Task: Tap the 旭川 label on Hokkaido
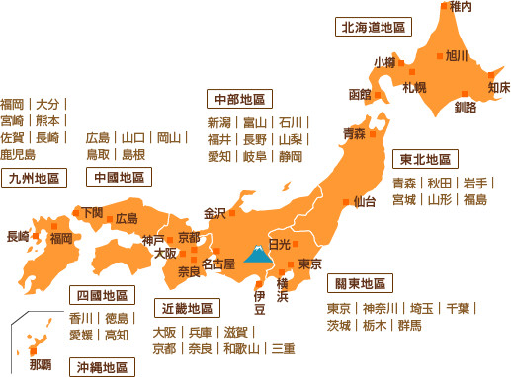pos(458,55)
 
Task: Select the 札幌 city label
pos(415,88)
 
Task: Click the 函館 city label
pos(359,95)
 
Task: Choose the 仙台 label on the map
pos(365,202)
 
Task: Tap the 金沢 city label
pos(214,213)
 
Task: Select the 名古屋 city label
pos(217,264)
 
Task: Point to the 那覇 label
pos(41,364)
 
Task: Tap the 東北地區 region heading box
pos(426,159)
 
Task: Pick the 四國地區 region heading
pos(103,295)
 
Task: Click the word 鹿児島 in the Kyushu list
pos(18,155)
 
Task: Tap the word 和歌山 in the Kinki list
pos(242,349)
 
